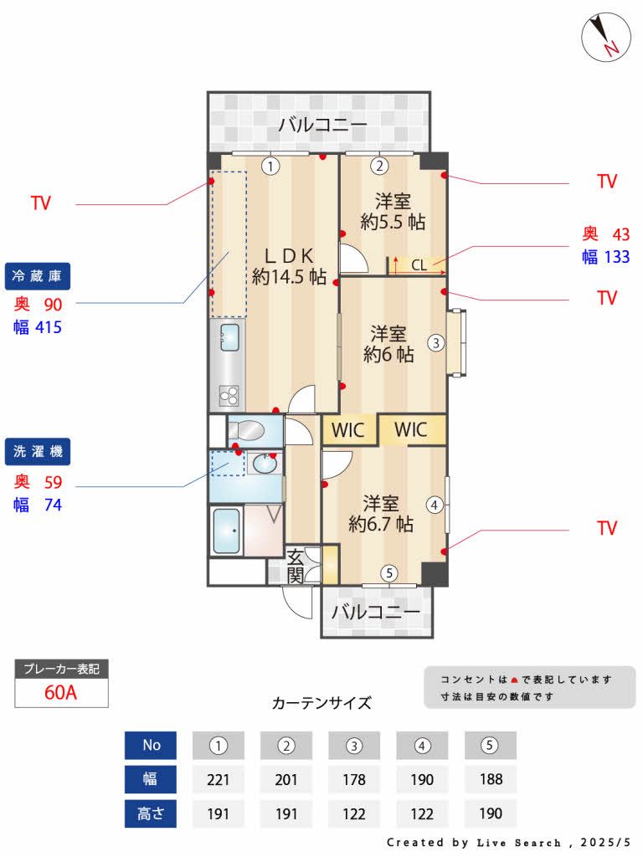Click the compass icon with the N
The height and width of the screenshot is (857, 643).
[x=605, y=38]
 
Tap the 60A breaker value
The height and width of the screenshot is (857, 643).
[x=61, y=693]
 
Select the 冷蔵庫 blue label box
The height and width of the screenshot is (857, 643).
[x=39, y=275]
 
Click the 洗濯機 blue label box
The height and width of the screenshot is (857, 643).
[x=39, y=452]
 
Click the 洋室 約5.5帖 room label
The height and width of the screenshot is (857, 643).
[x=392, y=211]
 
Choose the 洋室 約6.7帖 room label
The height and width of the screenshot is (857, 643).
[x=381, y=514]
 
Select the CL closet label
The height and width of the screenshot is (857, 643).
[x=419, y=265]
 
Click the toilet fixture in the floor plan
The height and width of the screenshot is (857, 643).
[x=247, y=432]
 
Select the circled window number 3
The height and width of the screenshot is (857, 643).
[x=435, y=341]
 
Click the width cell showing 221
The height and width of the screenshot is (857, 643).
[x=218, y=779]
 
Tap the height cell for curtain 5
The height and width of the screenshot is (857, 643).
[x=491, y=813]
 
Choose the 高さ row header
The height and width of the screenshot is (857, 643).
[x=150, y=813]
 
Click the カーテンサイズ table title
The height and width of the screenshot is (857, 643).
[x=321, y=703]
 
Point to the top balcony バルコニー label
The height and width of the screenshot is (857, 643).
[x=322, y=126]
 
